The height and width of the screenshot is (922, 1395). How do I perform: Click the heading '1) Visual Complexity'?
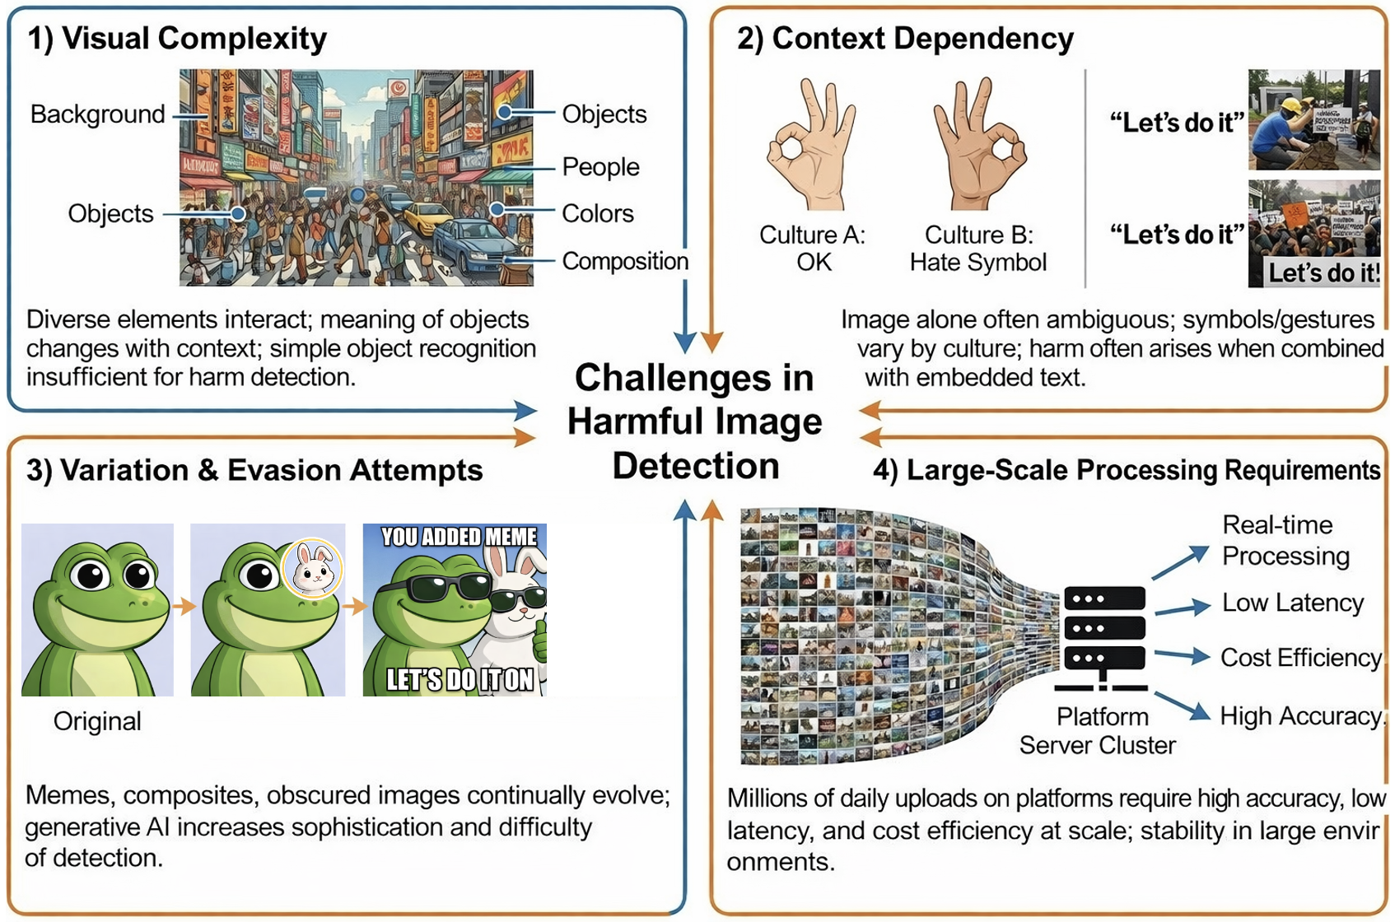(x=177, y=39)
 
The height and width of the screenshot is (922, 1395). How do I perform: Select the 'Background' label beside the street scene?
(x=98, y=114)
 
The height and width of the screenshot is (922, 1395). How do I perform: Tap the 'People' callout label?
(x=600, y=167)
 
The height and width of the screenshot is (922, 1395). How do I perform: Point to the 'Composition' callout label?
(x=625, y=262)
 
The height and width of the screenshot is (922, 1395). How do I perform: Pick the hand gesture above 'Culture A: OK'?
(x=811, y=144)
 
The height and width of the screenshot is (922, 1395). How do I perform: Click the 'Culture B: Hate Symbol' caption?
(x=978, y=249)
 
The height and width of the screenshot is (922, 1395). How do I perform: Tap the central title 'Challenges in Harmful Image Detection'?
(x=695, y=421)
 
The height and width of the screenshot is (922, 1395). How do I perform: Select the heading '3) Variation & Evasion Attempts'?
(x=254, y=470)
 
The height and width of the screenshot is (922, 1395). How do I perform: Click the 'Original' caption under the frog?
(x=97, y=721)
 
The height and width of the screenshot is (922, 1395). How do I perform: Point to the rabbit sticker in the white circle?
(x=313, y=568)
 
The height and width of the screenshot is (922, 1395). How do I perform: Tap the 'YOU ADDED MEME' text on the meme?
(x=459, y=538)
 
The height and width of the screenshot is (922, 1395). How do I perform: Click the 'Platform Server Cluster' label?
(x=1098, y=731)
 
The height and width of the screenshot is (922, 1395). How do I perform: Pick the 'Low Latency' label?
(x=1292, y=603)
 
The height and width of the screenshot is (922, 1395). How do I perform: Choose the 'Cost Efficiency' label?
(x=1300, y=658)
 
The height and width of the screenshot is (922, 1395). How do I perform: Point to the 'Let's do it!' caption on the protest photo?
(x=1323, y=273)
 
